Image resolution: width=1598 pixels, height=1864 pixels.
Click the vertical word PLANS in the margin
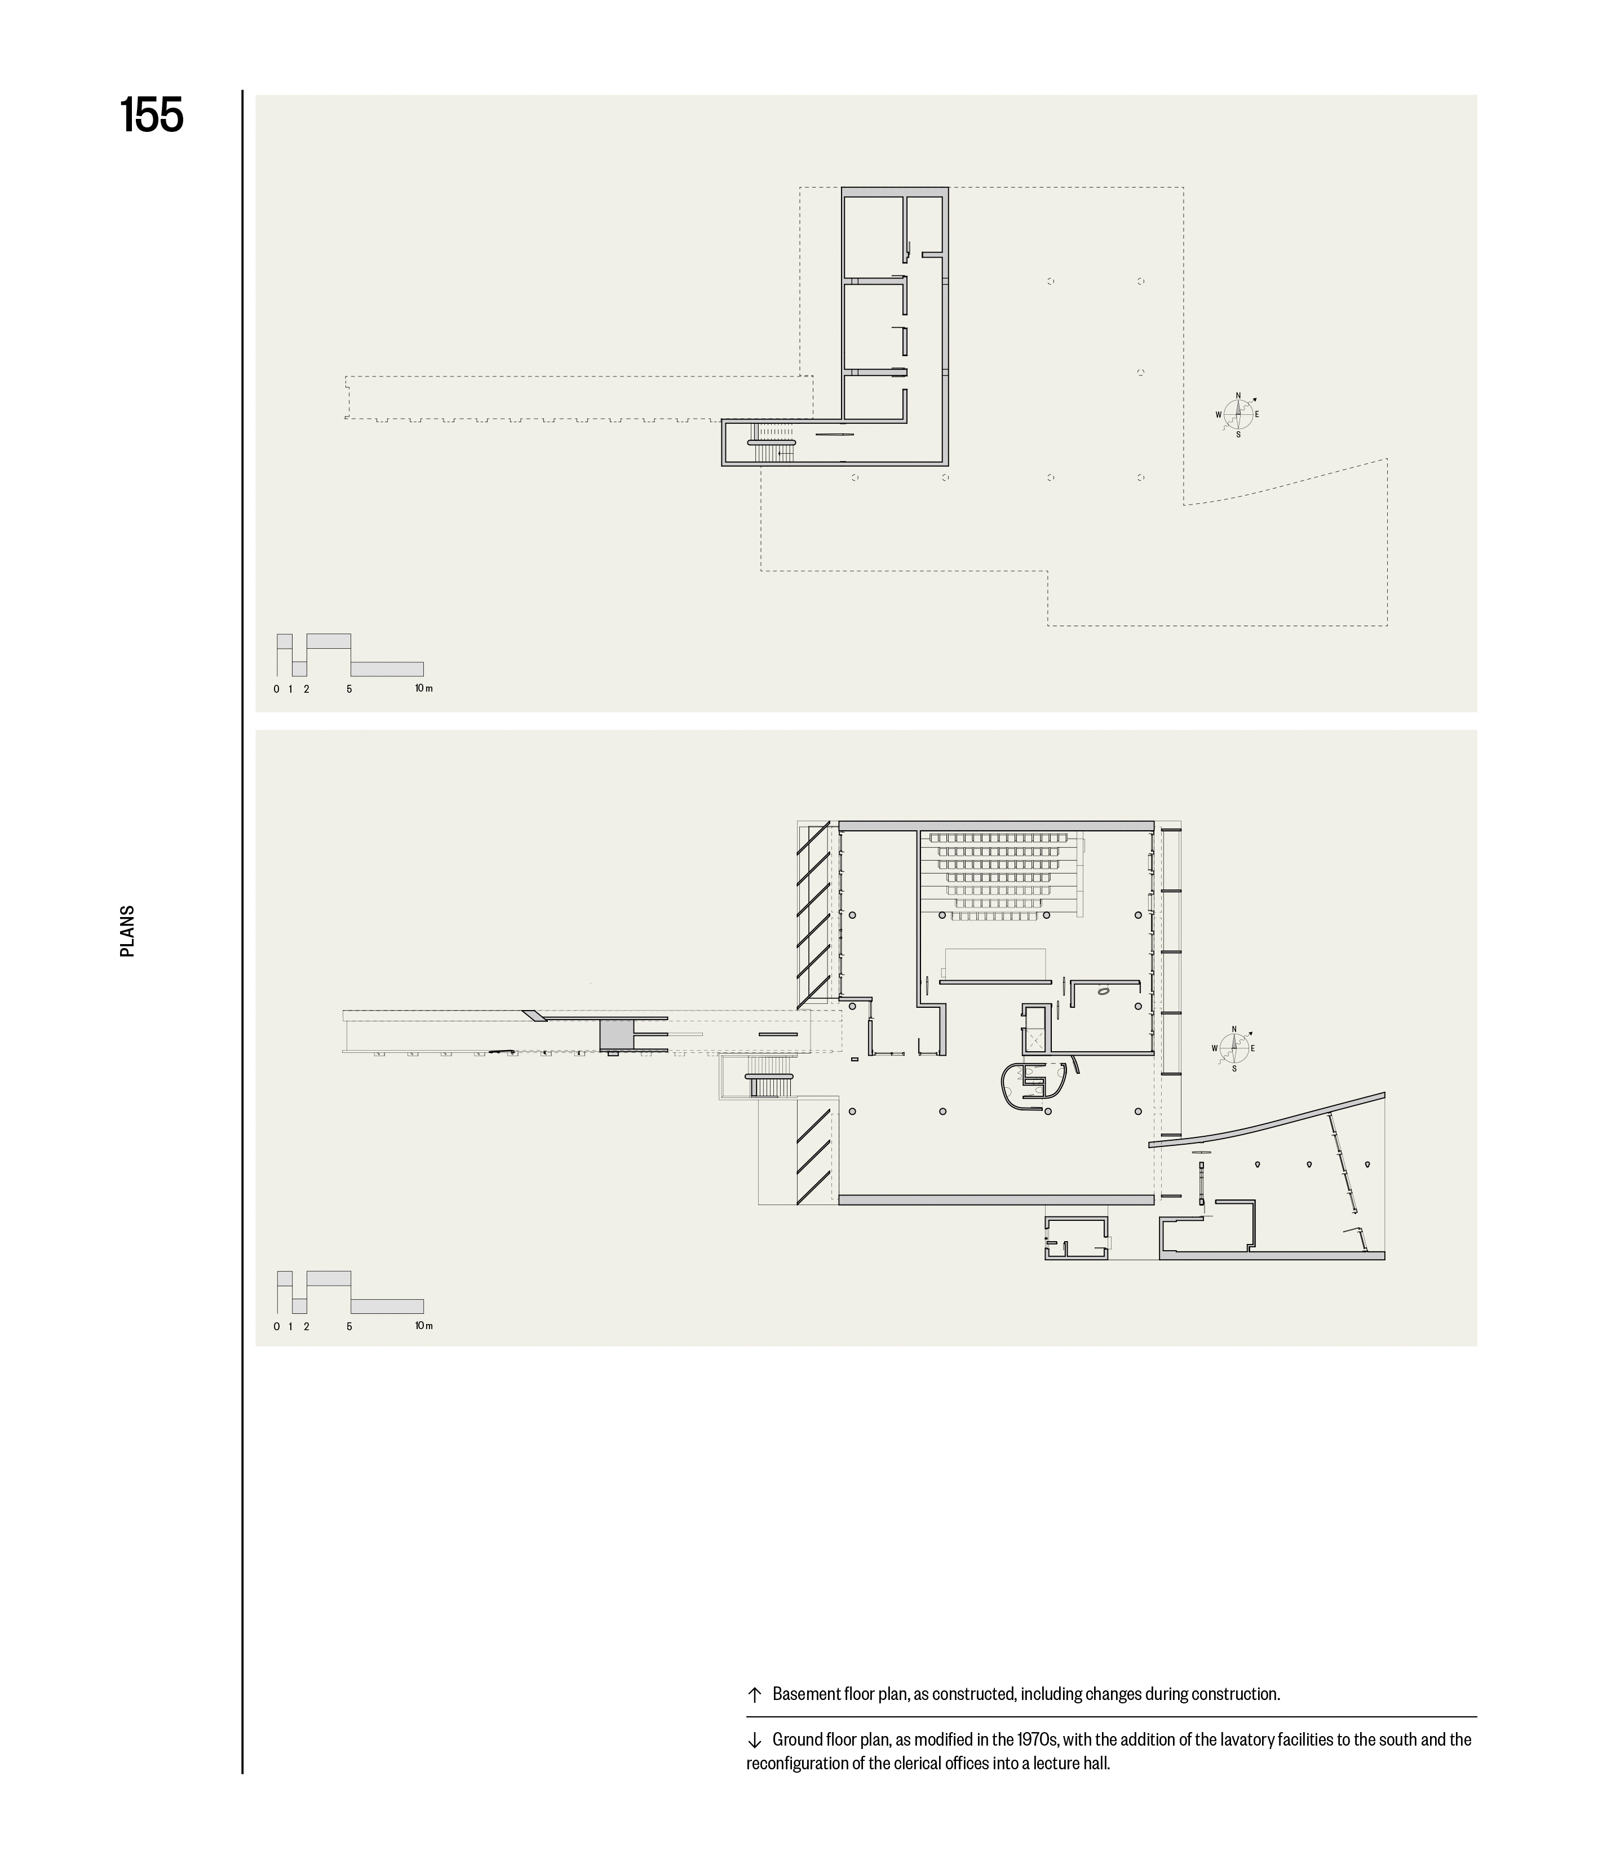[127, 931]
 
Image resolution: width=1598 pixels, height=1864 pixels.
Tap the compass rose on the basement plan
[1237, 415]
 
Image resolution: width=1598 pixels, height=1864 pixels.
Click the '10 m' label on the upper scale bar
[424, 688]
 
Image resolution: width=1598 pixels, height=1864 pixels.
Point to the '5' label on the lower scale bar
[349, 1326]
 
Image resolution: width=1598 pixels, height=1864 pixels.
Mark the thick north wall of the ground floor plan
[996, 825]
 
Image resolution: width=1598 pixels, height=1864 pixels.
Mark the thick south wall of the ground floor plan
[996, 1199]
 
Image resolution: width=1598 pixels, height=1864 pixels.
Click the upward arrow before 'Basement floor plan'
[754, 1694]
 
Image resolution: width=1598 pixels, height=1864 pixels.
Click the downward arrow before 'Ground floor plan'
[754, 1740]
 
